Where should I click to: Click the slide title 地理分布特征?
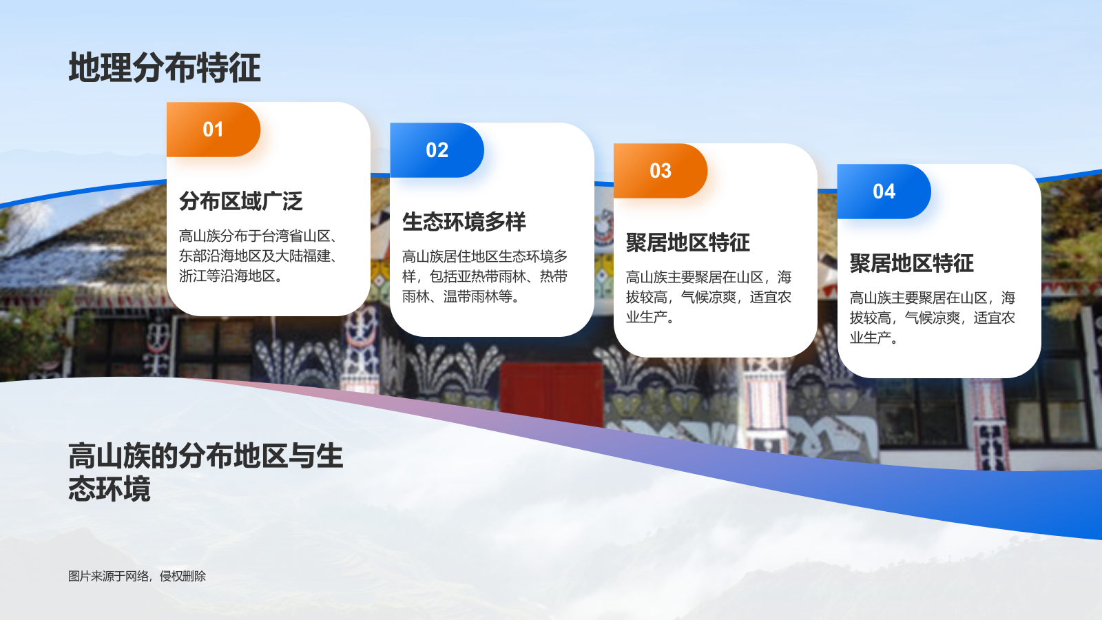(x=165, y=68)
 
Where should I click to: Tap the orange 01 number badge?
(x=213, y=130)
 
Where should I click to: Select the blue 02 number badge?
(x=437, y=150)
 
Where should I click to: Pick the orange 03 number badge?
(x=660, y=171)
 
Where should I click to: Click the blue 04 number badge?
(x=884, y=192)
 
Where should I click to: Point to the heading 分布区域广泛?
(x=240, y=201)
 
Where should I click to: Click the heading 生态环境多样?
(x=464, y=222)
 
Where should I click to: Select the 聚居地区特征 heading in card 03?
(x=687, y=242)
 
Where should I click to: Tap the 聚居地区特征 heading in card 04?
(x=911, y=263)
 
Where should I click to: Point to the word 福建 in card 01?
(x=317, y=256)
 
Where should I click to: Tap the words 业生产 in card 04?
(x=870, y=338)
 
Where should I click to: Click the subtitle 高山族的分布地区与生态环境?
(x=205, y=473)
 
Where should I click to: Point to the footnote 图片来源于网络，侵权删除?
(x=136, y=576)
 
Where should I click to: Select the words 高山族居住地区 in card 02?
(x=450, y=257)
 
